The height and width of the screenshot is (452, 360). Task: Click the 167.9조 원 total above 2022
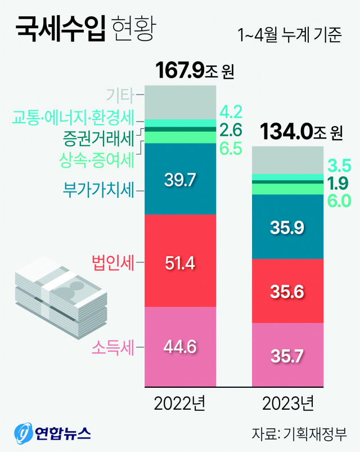click(194, 71)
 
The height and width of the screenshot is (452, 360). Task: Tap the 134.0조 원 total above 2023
click(301, 133)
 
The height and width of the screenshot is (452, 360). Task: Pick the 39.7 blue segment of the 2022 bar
click(180, 180)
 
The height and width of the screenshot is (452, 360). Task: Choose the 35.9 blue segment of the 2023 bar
click(287, 228)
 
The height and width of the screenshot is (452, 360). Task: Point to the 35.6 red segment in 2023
click(287, 292)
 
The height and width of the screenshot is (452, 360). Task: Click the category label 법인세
click(112, 262)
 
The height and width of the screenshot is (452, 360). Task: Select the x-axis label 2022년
click(180, 403)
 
